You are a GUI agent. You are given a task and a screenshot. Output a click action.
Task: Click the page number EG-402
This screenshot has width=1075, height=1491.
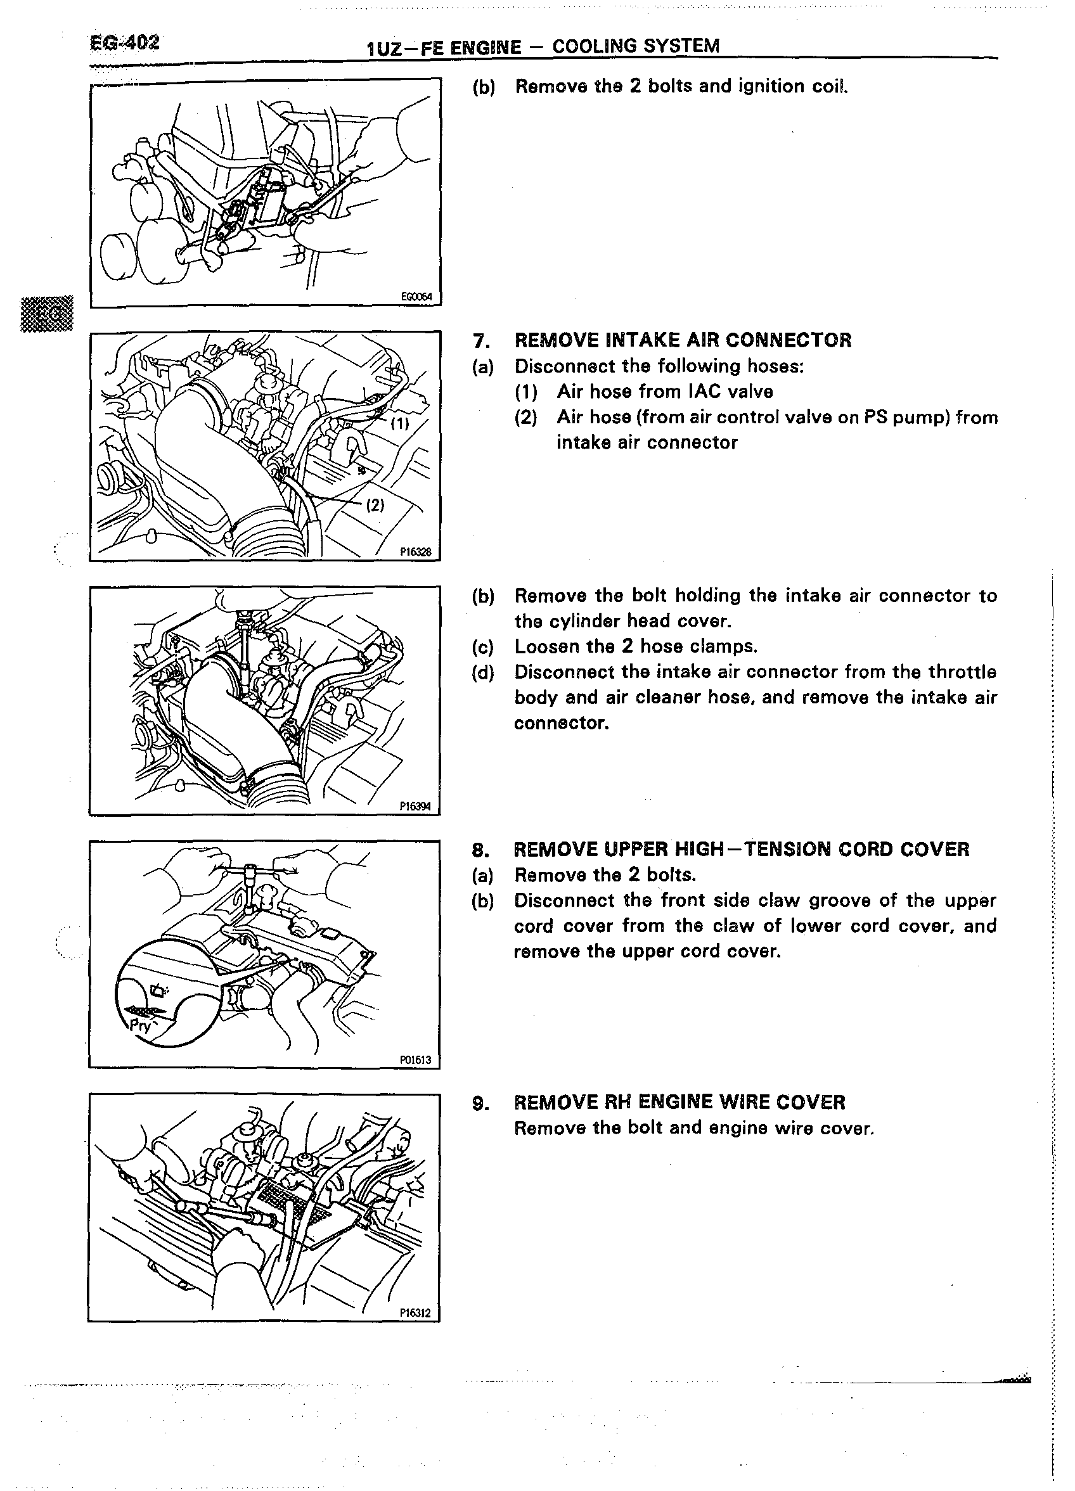[x=124, y=43]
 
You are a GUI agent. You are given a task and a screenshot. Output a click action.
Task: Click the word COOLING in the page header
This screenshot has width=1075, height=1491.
[x=595, y=46]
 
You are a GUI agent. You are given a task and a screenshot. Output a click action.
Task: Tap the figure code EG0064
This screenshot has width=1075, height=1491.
[x=416, y=297]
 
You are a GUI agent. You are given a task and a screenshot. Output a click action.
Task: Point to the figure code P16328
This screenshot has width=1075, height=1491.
[x=416, y=552]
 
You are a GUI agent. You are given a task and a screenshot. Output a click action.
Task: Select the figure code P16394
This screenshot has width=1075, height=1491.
[x=416, y=807]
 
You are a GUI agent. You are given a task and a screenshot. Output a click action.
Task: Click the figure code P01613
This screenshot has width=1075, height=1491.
[x=415, y=1059]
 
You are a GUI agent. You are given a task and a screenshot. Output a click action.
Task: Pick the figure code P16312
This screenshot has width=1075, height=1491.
[x=415, y=1313]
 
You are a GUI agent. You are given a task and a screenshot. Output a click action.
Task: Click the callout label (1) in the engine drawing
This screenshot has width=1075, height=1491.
[x=399, y=423]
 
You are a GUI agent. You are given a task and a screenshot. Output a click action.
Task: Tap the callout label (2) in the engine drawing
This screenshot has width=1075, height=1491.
[x=375, y=505]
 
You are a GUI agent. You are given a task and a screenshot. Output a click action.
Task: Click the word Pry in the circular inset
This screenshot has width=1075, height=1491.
[x=141, y=1025]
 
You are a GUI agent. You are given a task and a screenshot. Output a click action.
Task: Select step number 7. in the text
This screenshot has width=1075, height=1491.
[x=480, y=340]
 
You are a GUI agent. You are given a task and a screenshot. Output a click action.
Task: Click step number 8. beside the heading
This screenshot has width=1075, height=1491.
[x=480, y=849]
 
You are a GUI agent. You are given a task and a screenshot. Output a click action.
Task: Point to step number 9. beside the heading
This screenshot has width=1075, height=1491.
[x=480, y=1103]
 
